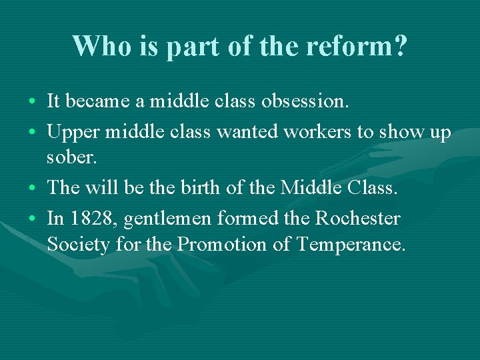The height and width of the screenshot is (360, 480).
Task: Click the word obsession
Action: point(305,101)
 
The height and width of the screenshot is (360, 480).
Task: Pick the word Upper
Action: point(71,132)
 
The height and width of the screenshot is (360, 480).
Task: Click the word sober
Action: point(69,159)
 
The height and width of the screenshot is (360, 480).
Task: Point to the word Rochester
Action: point(357,217)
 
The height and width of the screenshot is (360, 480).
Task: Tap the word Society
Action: point(78,245)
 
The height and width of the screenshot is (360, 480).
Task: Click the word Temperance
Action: point(351,245)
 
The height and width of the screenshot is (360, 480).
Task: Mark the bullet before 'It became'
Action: point(32,103)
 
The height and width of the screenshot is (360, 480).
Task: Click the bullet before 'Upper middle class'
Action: point(32,132)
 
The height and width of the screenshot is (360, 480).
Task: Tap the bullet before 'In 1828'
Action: point(32,219)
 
